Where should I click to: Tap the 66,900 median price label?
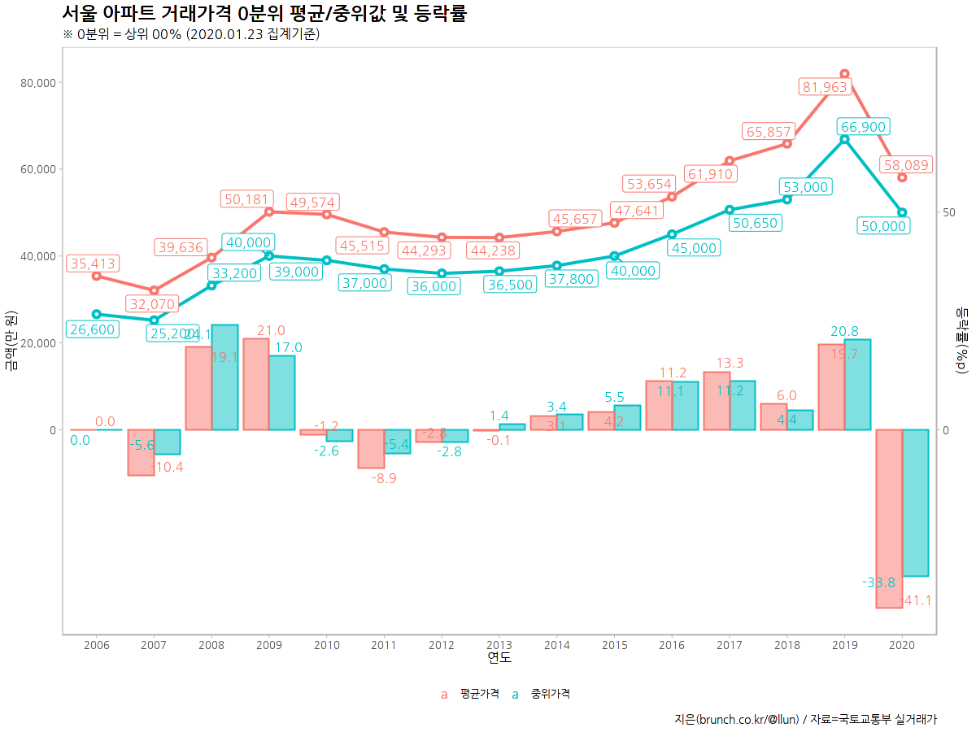(x=863, y=127)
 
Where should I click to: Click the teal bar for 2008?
(x=224, y=377)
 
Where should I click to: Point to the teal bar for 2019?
(x=857, y=385)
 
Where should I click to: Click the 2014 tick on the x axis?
(x=556, y=645)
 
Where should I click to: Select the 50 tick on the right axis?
(x=948, y=212)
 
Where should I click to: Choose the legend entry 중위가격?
(x=550, y=694)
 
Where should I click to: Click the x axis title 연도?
(x=499, y=657)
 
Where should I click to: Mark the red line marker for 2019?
(x=844, y=74)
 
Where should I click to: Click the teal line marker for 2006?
(x=96, y=314)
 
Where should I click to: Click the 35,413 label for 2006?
(x=93, y=264)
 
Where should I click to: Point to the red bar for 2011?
(x=371, y=449)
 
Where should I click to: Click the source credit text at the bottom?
(x=805, y=719)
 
